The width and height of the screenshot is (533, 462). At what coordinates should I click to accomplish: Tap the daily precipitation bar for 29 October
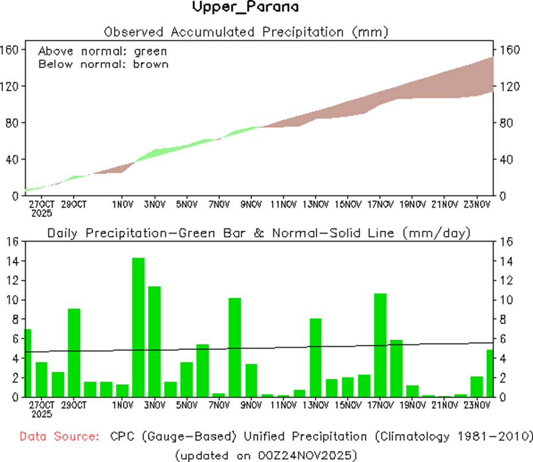(74, 352)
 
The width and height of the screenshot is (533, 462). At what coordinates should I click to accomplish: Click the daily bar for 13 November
(316, 357)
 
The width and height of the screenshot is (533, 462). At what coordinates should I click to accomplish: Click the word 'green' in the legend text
(150, 51)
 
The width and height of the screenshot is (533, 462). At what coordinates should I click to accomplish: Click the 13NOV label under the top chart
(316, 204)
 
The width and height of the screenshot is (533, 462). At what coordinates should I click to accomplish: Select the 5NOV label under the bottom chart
(187, 406)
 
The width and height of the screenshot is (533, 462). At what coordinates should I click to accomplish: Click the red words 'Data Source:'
(58, 437)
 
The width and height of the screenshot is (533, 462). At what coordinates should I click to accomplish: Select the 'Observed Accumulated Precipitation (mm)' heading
(246, 31)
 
